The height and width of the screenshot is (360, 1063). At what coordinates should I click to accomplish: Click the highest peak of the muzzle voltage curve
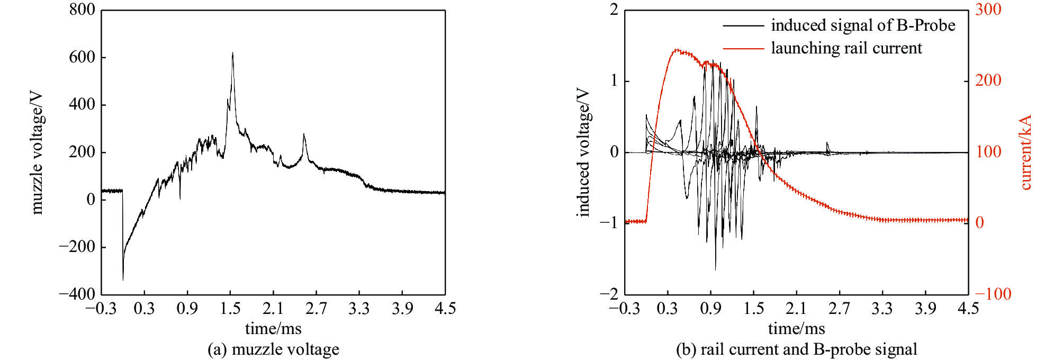[232, 53]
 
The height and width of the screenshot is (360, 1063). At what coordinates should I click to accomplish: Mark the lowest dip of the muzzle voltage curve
[123, 280]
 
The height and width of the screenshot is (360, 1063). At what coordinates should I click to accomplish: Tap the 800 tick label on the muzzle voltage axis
[82, 10]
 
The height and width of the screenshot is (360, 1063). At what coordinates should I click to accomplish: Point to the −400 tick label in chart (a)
[77, 294]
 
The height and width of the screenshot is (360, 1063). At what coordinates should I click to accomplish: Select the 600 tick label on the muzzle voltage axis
[82, 57]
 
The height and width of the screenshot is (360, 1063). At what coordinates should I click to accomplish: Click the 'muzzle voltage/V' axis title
[37, 153]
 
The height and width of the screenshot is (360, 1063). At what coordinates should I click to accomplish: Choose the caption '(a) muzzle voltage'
[273, 349]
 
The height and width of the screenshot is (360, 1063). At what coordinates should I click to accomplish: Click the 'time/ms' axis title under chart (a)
[273, 329]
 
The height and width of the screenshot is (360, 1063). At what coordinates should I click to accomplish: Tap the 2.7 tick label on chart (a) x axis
[316, 309]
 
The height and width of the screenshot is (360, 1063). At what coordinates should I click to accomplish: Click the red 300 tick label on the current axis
[988, 10]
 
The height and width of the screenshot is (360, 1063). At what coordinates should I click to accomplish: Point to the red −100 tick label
[993, 294]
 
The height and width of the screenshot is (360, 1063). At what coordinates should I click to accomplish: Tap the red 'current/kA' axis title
[1025, 152]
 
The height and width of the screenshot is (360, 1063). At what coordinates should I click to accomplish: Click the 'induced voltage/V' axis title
[582, 152]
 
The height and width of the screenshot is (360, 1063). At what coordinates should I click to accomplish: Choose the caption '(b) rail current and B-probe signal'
[796, 349]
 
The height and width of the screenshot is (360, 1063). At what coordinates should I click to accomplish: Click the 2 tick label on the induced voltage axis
[614, 10]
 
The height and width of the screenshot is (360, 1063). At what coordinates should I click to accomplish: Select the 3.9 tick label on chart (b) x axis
[925, 309]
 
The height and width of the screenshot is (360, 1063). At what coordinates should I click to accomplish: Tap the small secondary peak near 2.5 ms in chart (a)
[304, 134]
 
